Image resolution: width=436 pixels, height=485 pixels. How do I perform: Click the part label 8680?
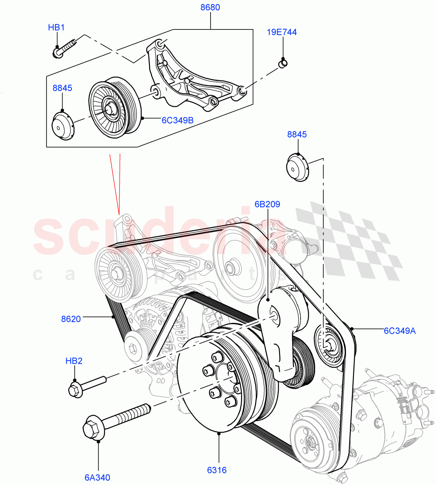pyautogui.click(x=210, y=7)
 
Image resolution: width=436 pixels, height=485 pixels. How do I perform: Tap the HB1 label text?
pyautogui.click(x=56, y=27)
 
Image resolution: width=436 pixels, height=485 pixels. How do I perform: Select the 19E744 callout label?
pyautogui.click(x=282, y=32)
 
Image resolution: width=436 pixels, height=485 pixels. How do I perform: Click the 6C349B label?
pyautogui.click(x=178, y=120)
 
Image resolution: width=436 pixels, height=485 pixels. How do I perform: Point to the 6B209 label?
pyautogui.click(x=267, y=205)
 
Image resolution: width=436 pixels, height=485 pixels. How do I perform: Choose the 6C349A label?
pyautogui.click(x=399, y=331)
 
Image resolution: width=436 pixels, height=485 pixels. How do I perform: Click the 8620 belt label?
pyautogui.click(x=71, y=319)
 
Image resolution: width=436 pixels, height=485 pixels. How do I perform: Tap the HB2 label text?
pyautogui.click(x=74, y=361)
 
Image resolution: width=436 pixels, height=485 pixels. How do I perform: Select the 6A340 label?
pyautogui.click(x=97, y=477)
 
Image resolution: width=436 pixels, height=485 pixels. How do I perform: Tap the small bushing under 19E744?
pyautogui.click(x=283, y=63)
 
